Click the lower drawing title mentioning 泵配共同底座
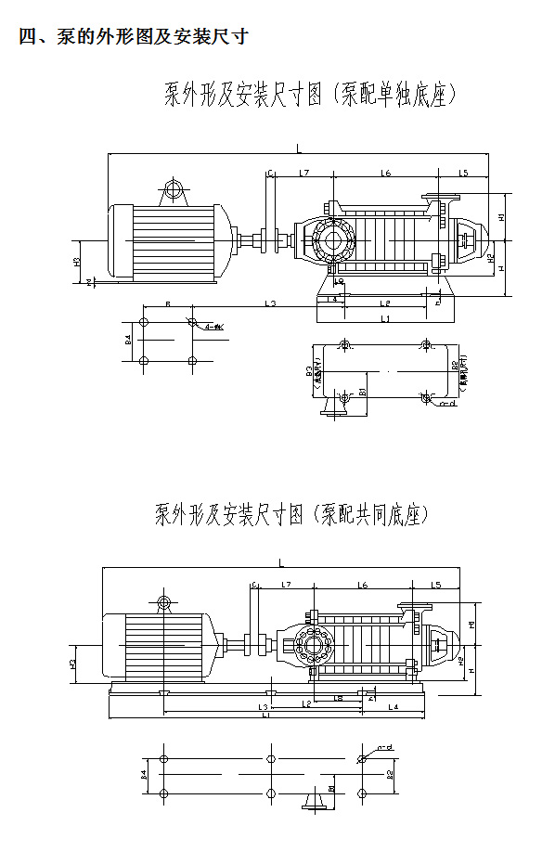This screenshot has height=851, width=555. pos(291,514)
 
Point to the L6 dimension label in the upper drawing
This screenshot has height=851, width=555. pos(384,174)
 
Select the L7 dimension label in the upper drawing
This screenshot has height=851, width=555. pos(303,174)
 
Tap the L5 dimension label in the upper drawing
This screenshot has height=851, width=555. pos(463,174)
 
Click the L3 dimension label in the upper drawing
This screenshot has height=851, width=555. pos(270,303)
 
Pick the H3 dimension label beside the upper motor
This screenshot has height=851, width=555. pos(76,262)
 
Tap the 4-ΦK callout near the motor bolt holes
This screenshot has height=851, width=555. pos(214,327)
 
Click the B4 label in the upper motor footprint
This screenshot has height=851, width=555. pos(128,341)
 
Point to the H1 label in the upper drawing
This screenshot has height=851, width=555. pos(501,217)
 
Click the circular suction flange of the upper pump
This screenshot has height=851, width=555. pos(330,239)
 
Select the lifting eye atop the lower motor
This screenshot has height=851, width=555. pos(164,604)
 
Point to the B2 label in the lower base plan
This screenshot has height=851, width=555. pos(391,772)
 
